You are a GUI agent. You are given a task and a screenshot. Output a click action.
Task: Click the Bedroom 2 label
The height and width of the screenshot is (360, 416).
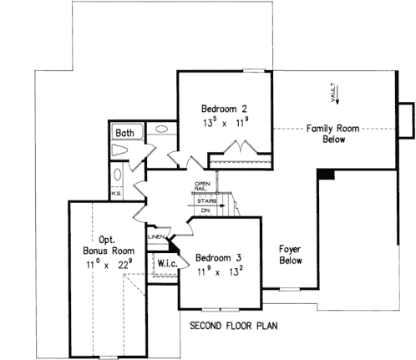coord(224,109)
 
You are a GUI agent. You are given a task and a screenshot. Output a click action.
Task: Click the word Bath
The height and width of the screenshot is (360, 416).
coord(126,133)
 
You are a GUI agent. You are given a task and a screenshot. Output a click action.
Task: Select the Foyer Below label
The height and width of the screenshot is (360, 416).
coord(291,255)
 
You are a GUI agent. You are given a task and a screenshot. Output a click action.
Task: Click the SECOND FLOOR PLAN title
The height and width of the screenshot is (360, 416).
coord(233,325)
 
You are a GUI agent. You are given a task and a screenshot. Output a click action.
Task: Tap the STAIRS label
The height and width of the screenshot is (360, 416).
coord(207,201)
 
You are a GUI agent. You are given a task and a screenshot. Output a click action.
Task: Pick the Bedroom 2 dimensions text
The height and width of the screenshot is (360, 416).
coord(224,122)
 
